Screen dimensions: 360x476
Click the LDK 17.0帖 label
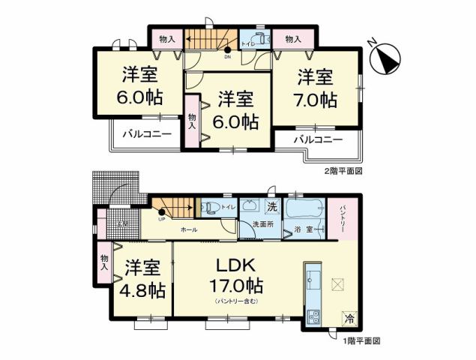(x=237, y=274)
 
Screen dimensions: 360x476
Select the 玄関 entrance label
(x=121, y=223)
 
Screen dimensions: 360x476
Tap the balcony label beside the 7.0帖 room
(x=318, y=140)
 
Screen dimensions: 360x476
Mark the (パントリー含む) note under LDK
(x=237, y=301)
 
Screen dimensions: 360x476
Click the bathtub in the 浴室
(x=303, y=208)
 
